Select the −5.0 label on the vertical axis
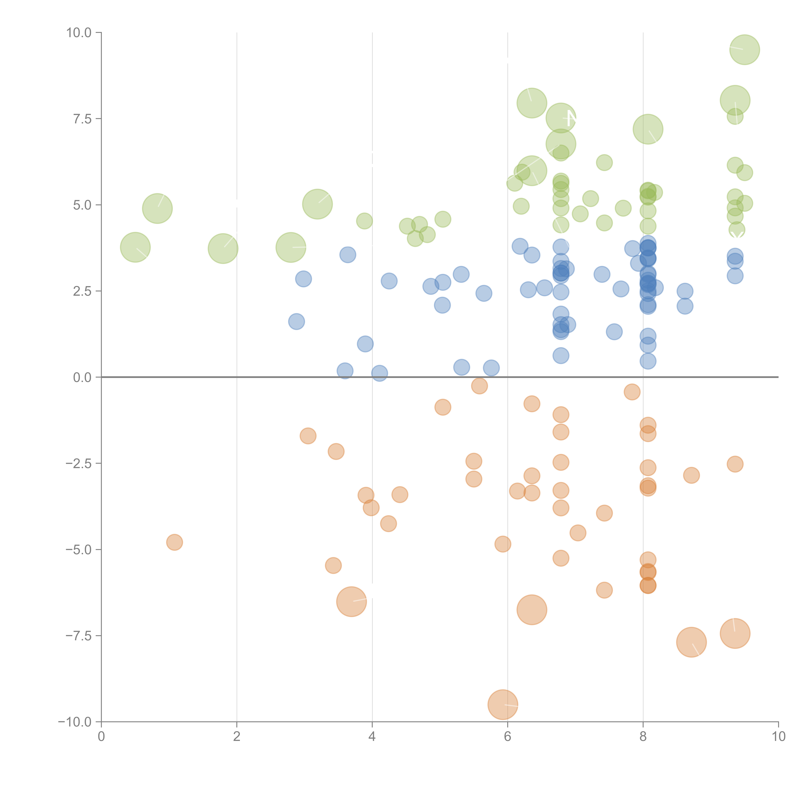pyautogui.click(x=79, y=550)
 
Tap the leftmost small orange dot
pyautogui.click(x=174, y=542)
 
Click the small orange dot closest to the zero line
pyautogui.click(x=479, y=386)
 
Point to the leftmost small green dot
pyautogui.click(x=364, y=221)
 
